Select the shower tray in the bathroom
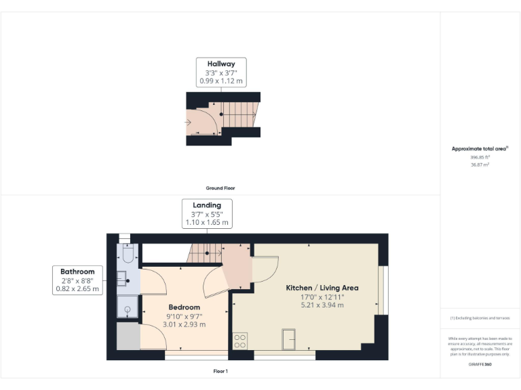click(127, 307)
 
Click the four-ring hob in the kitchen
click(239, 341)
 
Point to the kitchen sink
click(290, 337)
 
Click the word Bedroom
click(184, 307)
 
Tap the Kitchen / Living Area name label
click(322, 288)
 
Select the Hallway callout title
click(221, 64)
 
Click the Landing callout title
click(207, 205)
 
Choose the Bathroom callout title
click(77, 272)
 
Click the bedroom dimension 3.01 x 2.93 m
click(184, 324)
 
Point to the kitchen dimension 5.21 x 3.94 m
click(322, 305)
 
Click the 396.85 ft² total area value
click(480, 156)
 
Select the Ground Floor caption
click(220, 188)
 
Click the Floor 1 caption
click(220, 371)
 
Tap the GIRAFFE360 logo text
click(480, 365)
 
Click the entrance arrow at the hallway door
click(187, 122)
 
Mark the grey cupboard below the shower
click(127, 337)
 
